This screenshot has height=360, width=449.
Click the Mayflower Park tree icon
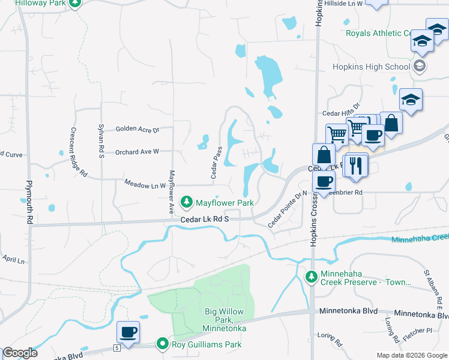click(187, 200)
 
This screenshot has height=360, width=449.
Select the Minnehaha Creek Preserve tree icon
click(311, 277)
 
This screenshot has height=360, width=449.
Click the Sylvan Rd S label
click(101, 141)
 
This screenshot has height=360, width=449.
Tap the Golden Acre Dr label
click(137, 129)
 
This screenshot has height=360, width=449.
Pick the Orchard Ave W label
click(137, 152)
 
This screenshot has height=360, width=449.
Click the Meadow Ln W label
click(144, 185)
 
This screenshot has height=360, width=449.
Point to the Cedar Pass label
click(217, 163)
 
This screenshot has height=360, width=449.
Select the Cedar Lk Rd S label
click(206, 220)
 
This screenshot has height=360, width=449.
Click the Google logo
click(20, 352)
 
